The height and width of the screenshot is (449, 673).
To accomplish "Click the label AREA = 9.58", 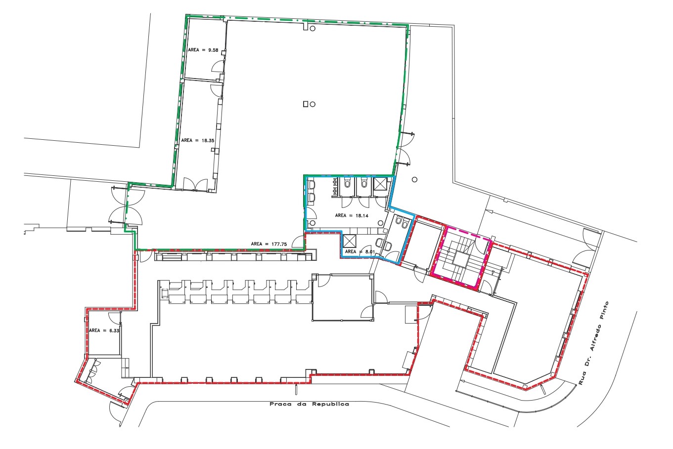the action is pos(203,50).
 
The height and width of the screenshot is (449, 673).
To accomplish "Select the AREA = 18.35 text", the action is pos(198,140).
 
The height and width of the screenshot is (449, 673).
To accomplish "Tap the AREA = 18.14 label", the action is pos(352,215).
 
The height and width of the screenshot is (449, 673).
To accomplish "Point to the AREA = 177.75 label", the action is pos(269,244).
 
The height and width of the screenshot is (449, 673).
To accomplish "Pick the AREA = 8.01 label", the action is pos(360,251).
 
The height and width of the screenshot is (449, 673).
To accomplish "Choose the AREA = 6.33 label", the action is pos(104,330).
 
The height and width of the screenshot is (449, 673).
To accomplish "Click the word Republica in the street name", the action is pos(330,404).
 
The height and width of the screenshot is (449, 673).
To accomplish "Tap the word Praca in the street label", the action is pos(280,404).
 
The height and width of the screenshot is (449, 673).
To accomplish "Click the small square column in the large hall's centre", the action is pos(305,104).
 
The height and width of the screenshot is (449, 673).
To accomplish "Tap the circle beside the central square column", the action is pos(313,104).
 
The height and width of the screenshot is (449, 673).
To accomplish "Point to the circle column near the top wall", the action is pos(313,29).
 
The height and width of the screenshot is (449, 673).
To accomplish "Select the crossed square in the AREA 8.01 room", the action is pos(349,241).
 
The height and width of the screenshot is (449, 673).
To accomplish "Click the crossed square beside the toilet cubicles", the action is pos(380,183).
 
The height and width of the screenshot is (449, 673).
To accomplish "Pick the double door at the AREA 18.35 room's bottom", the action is pos(195,184).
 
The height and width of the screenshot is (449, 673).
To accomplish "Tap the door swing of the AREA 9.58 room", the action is pos(218,66).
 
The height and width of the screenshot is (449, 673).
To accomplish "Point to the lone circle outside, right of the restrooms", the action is pos(414,179).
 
